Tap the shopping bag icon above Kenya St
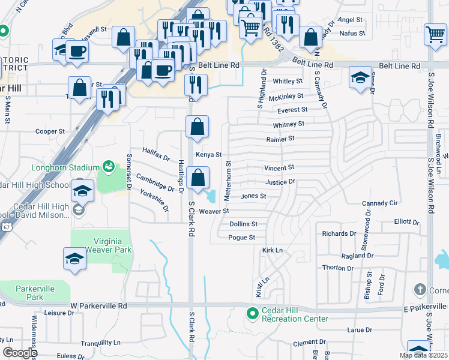pyautogui.click(x=197, y=127)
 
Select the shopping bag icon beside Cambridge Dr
pyautogui.click(x=197, y=178)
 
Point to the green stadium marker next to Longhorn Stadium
pyautogui.click(x=109, y=166)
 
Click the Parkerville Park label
pyautogui.click(x=35, y=293)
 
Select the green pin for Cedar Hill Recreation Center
pyautogui.click(x=253, y=313)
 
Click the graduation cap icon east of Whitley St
pyautogui.click(x=360, y=77)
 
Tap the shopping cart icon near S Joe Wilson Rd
pyautogui.click(x=435, y=34)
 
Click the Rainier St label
pyautogui.click(x=280, y=139)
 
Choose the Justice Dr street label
pyautogui.click(x=280, y=182)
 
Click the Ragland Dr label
pyautogui.click(x=356, y=255)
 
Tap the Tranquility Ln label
pyautogui.click(x=100, y=343)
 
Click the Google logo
pyautogui.click(x=19, y=353)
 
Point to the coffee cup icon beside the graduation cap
pyautogui.click(x=77, y=52)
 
